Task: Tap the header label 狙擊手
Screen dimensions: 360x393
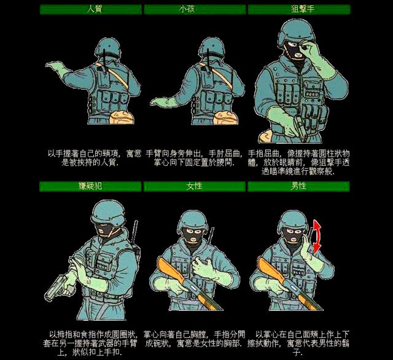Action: point(298,9)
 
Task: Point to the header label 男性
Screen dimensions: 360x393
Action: point(298,186)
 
